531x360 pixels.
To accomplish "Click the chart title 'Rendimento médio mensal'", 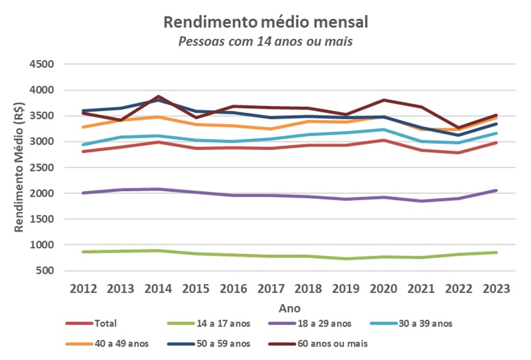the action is [266, 22].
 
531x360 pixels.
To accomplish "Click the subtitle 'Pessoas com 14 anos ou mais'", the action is [265, 41].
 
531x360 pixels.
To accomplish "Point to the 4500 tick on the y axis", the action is [42, 64].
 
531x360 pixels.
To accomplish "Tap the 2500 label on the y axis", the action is [42, 167].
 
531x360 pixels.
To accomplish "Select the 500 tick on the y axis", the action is [45, 271].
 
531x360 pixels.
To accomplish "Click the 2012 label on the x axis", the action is [83, 289].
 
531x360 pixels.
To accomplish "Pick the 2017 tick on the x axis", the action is [271, 289].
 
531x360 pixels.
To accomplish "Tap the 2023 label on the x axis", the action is [496, 289].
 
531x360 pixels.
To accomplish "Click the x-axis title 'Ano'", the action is [290, 308].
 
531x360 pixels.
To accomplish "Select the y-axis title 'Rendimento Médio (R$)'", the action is [19, 167].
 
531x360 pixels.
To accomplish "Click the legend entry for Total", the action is [91, 324].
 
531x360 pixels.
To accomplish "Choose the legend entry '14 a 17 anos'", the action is [209, 324].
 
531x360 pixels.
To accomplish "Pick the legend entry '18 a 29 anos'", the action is [310, 324].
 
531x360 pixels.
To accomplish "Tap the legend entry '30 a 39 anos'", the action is [411, 324].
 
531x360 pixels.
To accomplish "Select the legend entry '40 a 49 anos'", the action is [107, 344].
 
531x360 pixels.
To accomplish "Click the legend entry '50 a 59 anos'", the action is [209, 344].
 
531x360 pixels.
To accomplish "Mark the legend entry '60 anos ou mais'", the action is [318, 344].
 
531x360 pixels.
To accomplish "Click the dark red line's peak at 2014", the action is [158, 96].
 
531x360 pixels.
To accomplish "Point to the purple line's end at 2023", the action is [496, 190].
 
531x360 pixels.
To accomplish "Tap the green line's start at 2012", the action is [83, 252].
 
